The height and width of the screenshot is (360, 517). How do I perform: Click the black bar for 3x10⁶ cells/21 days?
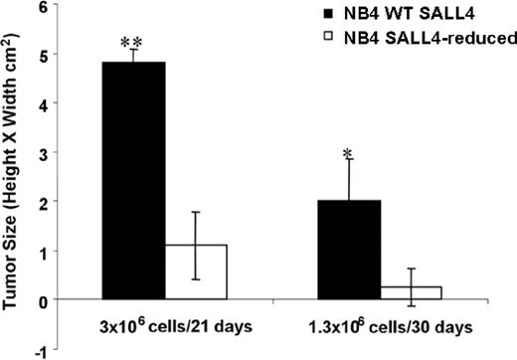(x=135, y=180)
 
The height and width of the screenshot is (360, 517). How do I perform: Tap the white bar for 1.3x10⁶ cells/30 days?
(x=411, y=292)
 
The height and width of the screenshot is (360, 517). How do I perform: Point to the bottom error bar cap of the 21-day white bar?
(x=197, y=279)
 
